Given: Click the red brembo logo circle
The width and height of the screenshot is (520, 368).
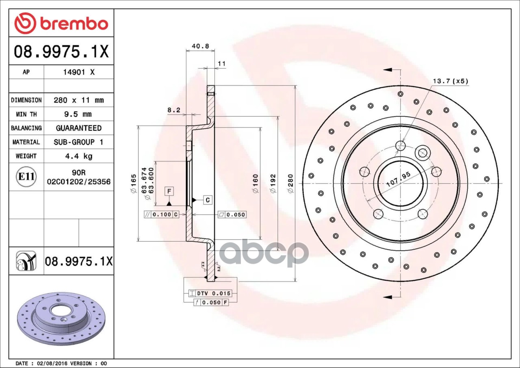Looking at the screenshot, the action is click(25, 23).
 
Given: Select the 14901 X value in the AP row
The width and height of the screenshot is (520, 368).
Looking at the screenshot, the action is click(79, 72).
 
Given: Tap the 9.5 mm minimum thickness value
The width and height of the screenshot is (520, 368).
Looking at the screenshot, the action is click(78, 114).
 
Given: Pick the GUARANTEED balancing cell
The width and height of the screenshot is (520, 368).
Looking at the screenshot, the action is click(79, 128).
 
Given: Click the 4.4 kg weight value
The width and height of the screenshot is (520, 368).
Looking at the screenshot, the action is click(79, 156).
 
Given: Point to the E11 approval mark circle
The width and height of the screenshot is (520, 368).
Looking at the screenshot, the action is click(26, 177).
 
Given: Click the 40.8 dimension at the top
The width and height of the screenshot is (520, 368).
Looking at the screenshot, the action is click(200, 46).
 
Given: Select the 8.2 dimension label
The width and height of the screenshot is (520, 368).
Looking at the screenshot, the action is click(174, 110).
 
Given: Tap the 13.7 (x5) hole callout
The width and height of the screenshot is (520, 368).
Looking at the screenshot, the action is click(451, 81).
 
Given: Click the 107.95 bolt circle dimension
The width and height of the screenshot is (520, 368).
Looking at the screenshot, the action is click(399, 180).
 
